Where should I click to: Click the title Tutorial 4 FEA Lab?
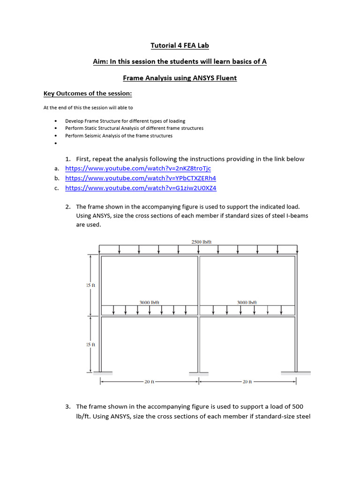pos(180,45)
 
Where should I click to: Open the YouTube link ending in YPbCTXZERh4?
pos(141,179)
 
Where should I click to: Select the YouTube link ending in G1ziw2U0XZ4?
pos(141,188)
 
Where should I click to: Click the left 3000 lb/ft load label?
pos(150,303)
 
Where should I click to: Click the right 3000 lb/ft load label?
pos(247,303)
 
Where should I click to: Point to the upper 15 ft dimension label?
pos(91,285)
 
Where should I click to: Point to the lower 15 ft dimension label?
pos(91,345)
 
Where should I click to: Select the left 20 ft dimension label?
pos(150,382)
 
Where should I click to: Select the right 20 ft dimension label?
pos(247,382)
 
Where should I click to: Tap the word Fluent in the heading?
pos(225,78)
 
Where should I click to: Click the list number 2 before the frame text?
pos(68,207)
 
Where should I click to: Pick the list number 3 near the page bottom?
pos(68,406)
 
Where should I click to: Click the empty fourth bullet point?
pos(56,143)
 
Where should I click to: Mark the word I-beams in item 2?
pos(296,216)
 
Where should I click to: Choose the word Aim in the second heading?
pos(100,62)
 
